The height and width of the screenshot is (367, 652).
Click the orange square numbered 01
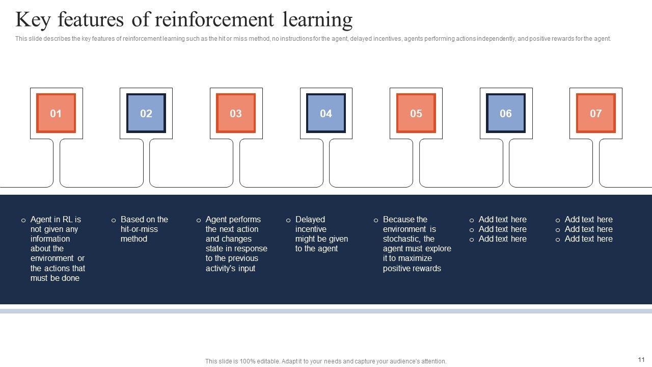(x=56, y=113)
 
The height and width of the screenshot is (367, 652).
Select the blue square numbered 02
(x=146, y=113)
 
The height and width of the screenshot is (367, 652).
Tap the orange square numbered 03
(x=236, y=113)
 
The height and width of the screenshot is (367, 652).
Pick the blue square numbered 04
(x=326, y=113)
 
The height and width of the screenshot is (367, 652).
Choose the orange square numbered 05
(x=416, y=113)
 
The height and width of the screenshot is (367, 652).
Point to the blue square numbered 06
(x=506, y=113)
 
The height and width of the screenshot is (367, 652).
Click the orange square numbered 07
(x=596, y=113)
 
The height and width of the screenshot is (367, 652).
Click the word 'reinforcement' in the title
(x=214, y=20)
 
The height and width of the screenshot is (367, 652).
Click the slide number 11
(x=641, y=359)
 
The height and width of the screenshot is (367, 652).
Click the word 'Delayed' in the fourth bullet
(x=310, y=220)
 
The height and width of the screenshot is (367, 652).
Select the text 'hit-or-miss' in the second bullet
(x=139, y=229)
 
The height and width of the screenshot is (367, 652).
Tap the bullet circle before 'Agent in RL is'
(x=23, y=220)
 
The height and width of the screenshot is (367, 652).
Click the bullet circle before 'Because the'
(x=376, y=220)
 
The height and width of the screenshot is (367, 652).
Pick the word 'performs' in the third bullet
(x=245, y=220)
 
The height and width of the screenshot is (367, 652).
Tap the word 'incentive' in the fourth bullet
(x=311, y=229)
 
